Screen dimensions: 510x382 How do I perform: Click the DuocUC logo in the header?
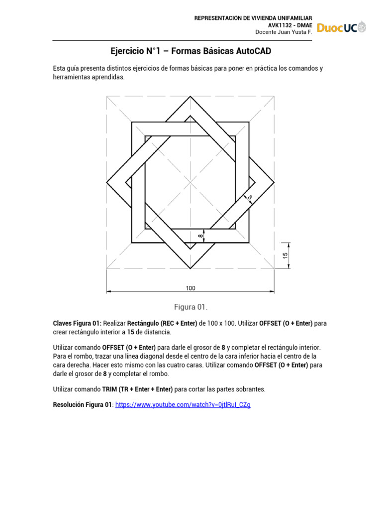(x=342, y=28)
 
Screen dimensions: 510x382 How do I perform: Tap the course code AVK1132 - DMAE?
(x=290, y=25)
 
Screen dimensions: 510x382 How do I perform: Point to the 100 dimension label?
(x=191, y=287)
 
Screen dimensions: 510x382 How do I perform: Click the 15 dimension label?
(x=285, y=255)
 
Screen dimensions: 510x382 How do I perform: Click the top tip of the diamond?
(x=191, y=98)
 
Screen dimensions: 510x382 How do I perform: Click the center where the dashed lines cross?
(x=191, y=182)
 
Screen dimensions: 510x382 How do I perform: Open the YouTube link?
(x=183, y=405)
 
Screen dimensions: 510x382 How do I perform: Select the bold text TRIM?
(x=111, y=388)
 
